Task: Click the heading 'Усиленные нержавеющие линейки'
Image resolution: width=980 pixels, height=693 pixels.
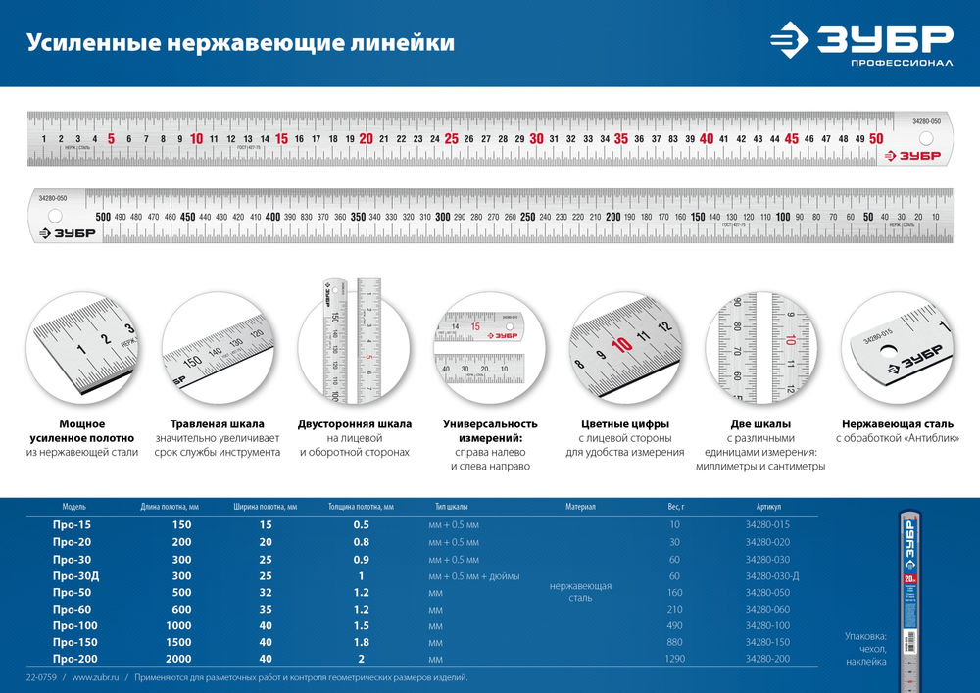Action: point(240,43)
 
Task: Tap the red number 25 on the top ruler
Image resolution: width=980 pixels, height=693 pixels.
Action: point(451,139)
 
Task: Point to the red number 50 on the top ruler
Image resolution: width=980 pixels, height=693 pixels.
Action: point(876,139)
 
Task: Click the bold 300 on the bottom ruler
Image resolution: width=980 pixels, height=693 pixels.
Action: point(443,216)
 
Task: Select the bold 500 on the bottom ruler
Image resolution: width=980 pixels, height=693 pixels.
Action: point(103,216)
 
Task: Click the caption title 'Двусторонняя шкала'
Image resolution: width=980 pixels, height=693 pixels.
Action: point(354,424)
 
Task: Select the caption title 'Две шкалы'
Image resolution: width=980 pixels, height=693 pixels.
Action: point(761,424)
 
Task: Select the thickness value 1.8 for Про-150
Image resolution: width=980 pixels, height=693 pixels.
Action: point(362,643)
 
